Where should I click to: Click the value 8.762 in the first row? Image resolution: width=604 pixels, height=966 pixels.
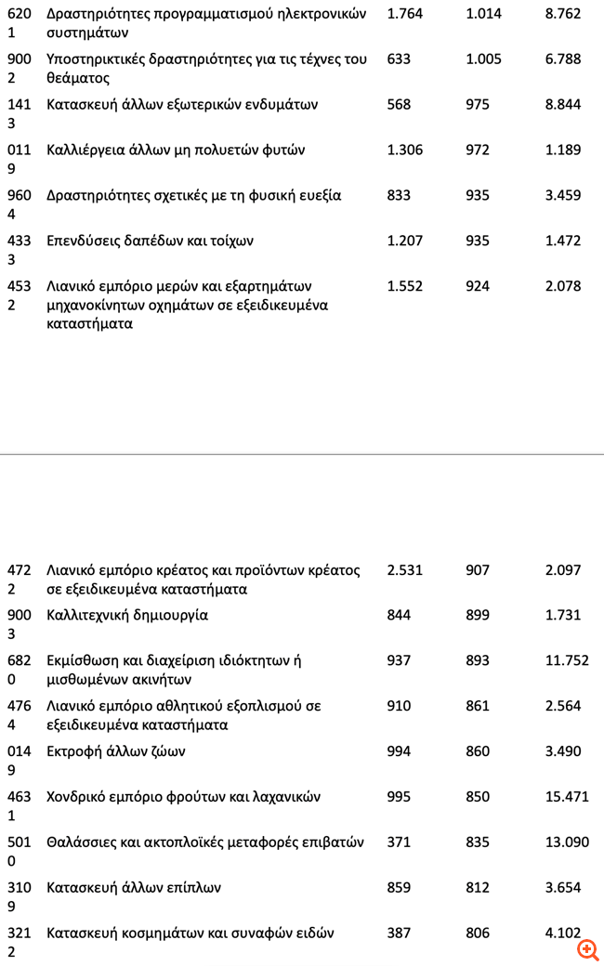click(x=562, y=14)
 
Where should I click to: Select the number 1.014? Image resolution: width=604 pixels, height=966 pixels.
click(x=483, y=14)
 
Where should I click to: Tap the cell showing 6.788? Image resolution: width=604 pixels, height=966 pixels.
click(x=562, y=59)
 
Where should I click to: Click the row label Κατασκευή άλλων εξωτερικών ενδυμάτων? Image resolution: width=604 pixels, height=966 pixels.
click(x=182, y=105)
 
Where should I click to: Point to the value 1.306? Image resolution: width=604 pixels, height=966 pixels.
click(x=404, y=150)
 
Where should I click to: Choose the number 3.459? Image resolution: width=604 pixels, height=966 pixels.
click(x=562, y=196)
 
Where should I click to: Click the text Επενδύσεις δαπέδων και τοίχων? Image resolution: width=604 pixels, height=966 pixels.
click(x=150, y=241)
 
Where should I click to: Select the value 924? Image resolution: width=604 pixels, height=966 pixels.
click(x=478, y=287)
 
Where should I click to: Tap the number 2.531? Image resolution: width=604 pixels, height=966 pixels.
click(x=404, y=570)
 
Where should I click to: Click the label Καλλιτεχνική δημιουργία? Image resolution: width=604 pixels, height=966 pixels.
click(x=127, y=616)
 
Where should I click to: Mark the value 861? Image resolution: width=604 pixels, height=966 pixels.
click(x=478, y=707)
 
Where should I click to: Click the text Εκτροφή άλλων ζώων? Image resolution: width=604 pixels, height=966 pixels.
click(x=115, y=752)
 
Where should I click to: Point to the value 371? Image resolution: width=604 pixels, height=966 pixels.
click(x=399, y=843)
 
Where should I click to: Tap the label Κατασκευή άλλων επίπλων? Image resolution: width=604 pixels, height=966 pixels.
click(x=134, y=889)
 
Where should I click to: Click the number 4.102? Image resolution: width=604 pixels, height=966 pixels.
click(x=562, y=933)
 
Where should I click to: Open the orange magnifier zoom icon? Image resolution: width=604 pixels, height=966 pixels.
click(x=587, y=949)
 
